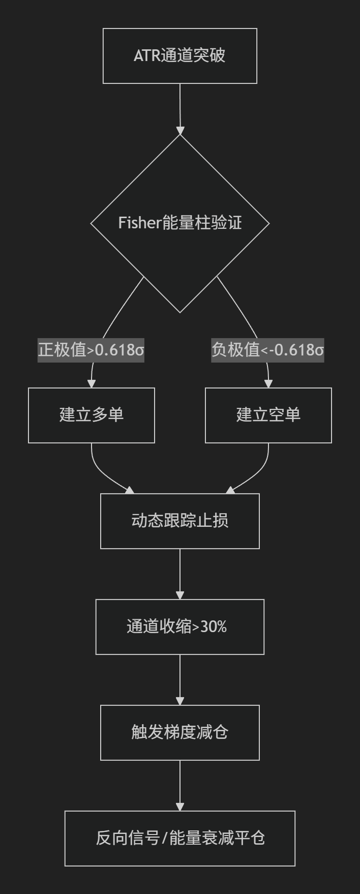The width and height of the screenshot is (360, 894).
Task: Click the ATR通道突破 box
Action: [x=180, y=56]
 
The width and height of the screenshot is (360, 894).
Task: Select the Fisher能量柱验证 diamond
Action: [x=180, y=223]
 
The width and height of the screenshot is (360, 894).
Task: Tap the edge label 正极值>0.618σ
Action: [x=91, y=350]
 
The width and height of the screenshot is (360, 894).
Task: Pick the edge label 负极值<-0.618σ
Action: [x=268, y=350]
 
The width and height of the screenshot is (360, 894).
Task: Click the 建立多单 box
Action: [x=92, y=415]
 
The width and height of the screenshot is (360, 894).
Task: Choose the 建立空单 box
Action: [x=268, y=415]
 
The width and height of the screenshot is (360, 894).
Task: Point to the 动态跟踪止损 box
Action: [x=180, y=521]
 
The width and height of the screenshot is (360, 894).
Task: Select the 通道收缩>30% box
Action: [x=180, y=627]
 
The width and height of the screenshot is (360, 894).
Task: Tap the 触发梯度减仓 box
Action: [x=180, y=733]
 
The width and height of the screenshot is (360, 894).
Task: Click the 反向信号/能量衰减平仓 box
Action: [x=180, y=839]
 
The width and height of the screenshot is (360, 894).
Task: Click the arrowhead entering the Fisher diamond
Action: [x=180, y=130]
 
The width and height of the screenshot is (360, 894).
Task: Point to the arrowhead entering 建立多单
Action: [x=92, y=383]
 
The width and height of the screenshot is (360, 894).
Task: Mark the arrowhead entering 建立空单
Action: [x=268, y=383]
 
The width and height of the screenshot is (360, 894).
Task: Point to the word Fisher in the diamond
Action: [x=140, y=223]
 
